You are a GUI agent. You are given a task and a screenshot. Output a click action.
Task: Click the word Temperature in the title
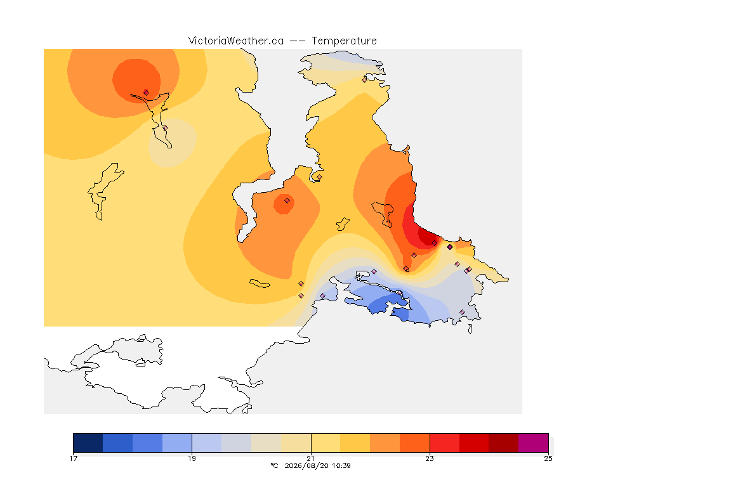(x=344, y=41)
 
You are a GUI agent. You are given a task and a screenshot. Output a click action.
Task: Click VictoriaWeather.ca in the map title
(x=236, y=41)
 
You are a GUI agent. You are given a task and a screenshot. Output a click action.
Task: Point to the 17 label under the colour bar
(x=73, y=458)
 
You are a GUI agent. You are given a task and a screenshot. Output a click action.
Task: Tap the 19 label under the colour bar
(x=192, y=458)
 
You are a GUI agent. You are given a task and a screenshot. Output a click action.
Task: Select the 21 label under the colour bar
(x=311, y=458)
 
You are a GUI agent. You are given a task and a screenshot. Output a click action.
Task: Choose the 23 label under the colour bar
(x=430, y=458)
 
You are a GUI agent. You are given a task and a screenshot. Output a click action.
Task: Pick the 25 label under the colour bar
(x=548, y=458)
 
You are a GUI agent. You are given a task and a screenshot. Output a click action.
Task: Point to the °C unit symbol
(x=274, y=465)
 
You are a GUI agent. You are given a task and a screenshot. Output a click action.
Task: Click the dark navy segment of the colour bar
(x=88, y=443)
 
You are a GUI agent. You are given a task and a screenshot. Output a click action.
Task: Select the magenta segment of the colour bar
(x=533, y=443)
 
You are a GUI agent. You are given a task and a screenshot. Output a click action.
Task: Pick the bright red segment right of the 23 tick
(x=444, y=443)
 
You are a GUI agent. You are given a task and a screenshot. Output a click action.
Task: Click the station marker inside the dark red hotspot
(x=435, y=243)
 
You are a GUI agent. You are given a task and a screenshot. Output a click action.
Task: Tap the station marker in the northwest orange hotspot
(x=147, y=93)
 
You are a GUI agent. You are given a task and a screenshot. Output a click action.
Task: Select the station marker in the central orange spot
(x=287, y=201)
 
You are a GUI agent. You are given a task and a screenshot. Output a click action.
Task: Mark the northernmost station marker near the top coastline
(x=365, y=80)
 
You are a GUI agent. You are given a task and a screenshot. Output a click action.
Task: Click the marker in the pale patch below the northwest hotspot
(x=165, y=127)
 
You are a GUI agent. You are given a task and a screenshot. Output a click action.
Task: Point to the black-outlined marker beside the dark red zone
(x=450, y=247)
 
